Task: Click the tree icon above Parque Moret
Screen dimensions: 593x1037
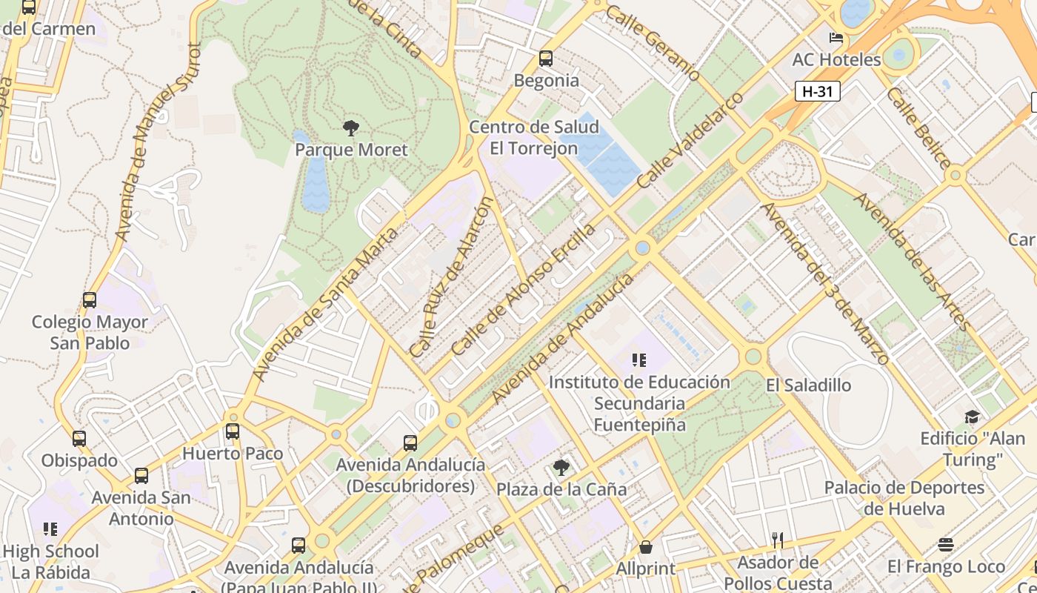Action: click(351, 128)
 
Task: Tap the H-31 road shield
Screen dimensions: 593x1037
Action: click(817, 91)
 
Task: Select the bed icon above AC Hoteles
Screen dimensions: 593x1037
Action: click(836, 38)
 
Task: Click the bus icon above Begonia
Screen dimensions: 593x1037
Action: click(546, 58)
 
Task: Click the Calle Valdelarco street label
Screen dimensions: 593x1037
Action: click(690, 140)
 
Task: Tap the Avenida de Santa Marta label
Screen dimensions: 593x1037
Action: click(324, 304)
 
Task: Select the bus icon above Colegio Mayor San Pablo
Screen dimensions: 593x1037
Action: click(90, 300)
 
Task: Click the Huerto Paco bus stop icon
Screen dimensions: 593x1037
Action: click(233, 431)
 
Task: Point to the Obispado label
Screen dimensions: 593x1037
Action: click(79, 460)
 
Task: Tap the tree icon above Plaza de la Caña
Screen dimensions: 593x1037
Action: click(561, 467)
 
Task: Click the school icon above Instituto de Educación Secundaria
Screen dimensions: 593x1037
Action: click(639, 361)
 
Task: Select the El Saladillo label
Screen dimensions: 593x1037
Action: click(808, 385)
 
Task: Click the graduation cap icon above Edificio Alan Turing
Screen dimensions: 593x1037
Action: click(972, 417)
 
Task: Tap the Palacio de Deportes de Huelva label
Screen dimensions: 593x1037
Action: click(904, 498)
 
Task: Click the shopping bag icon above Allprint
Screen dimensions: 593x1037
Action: click(646, 547)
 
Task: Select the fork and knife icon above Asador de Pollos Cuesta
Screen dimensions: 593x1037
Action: click(777, 540)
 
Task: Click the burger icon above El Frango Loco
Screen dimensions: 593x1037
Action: click(945, 545)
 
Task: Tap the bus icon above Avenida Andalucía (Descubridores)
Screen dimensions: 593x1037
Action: click(410, 443)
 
